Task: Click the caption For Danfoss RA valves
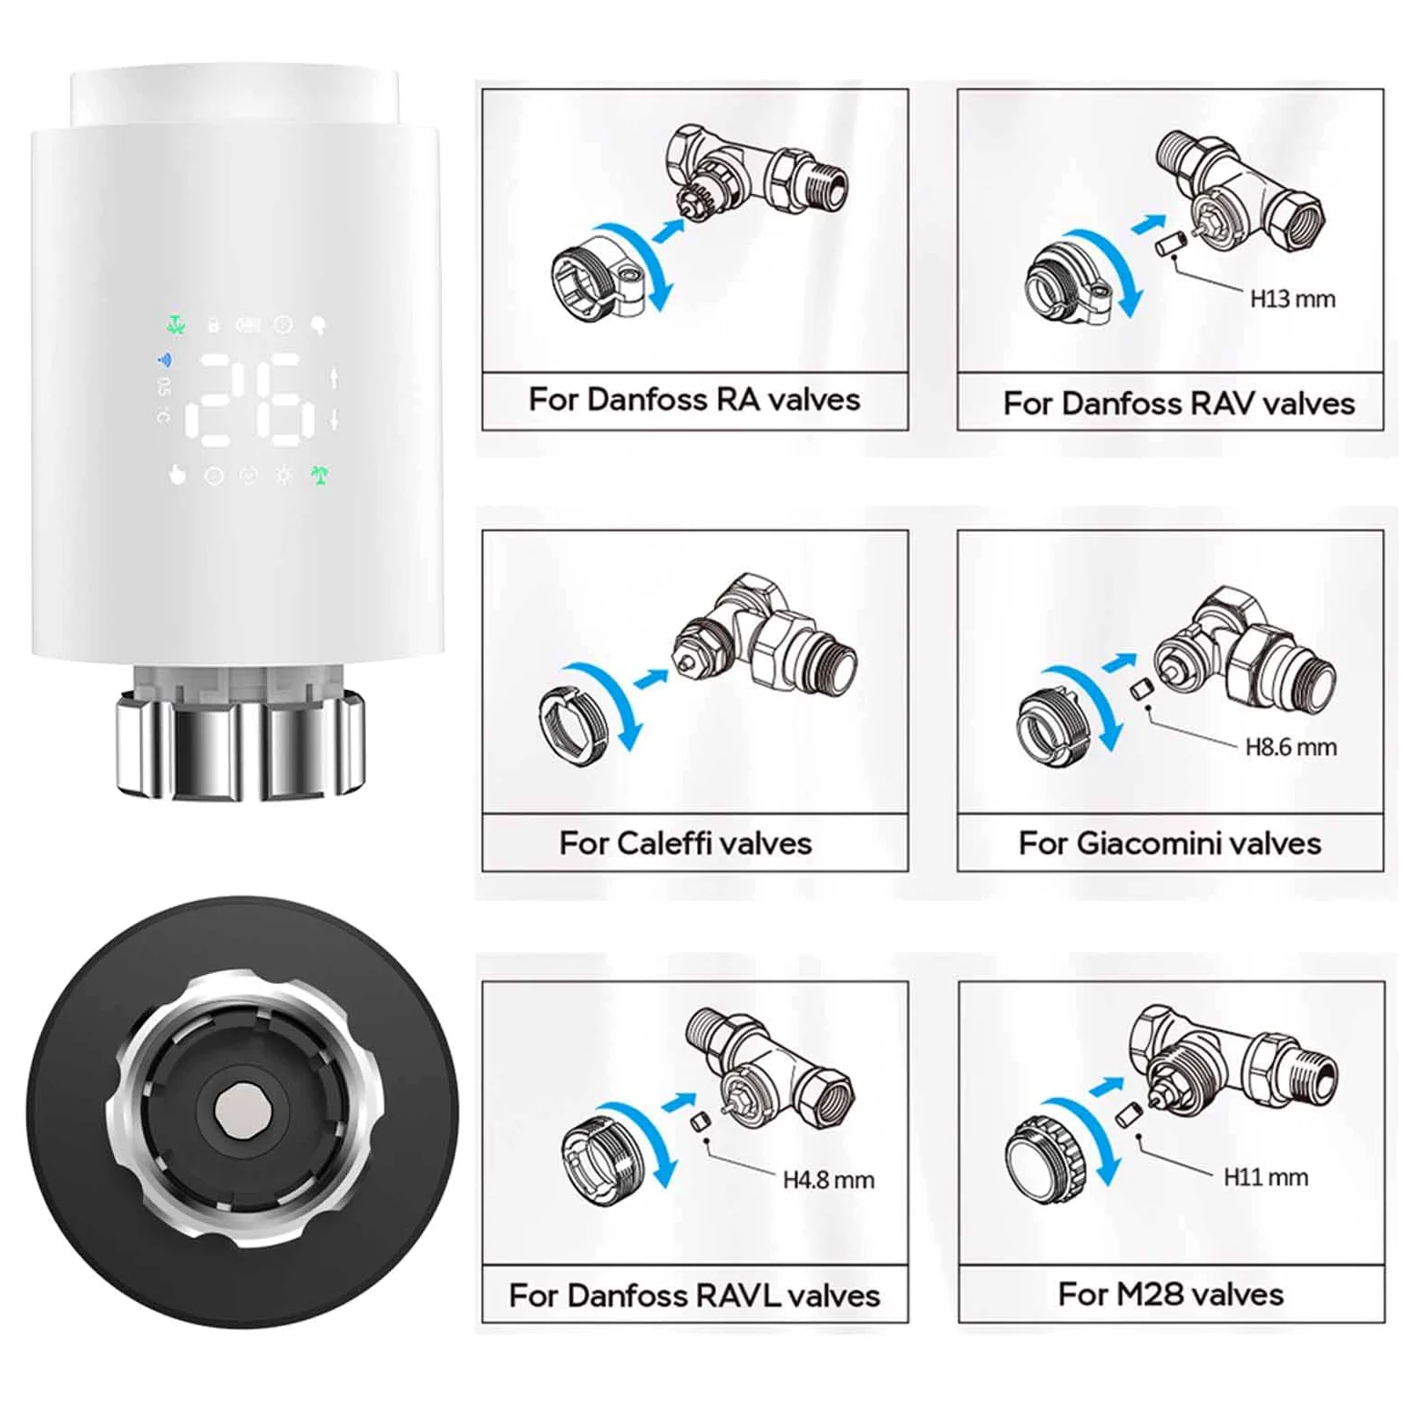pos(694,400)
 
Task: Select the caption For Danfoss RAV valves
pos(1179,403)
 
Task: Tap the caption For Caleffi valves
pos(685,843)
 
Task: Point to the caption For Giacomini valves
pos(1170,843)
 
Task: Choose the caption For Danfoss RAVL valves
pos(694,1295)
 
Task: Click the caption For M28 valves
pos(1171,1294)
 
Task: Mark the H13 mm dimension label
pos(1292,299)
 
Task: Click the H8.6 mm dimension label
pos(1291,747)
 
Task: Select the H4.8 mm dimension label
pos(828,1180)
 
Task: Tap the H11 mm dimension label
pos(1265,1177)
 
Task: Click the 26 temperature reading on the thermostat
pos(251,401)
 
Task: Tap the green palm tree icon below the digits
pos(319,475)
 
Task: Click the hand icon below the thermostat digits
pos(177,475)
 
